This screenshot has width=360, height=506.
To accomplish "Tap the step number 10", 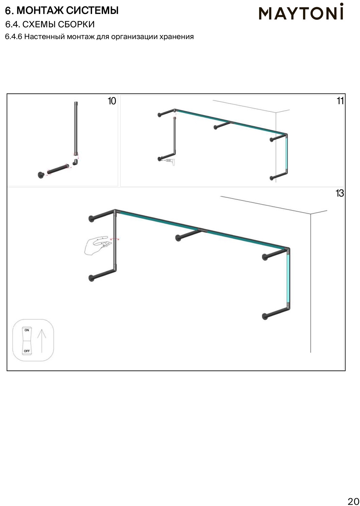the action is (x=112, y=101).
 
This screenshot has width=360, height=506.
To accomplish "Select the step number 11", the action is (x=340, y=101).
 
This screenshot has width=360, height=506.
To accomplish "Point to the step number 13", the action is (x=340, y=193).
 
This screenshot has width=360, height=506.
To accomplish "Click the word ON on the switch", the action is (x=27, y=330).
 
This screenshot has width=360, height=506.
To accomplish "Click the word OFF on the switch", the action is (x=27, y=351).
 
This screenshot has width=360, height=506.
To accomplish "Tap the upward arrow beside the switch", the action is (x=41, y=341).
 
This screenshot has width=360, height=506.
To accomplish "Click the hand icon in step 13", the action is (x=97, y=246).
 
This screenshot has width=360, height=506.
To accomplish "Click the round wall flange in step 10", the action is (x=41, y=175).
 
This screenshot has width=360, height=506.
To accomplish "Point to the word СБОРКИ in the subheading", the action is (x=77, y=24).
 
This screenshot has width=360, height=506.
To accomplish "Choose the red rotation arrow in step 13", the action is (x=115, y=238).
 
